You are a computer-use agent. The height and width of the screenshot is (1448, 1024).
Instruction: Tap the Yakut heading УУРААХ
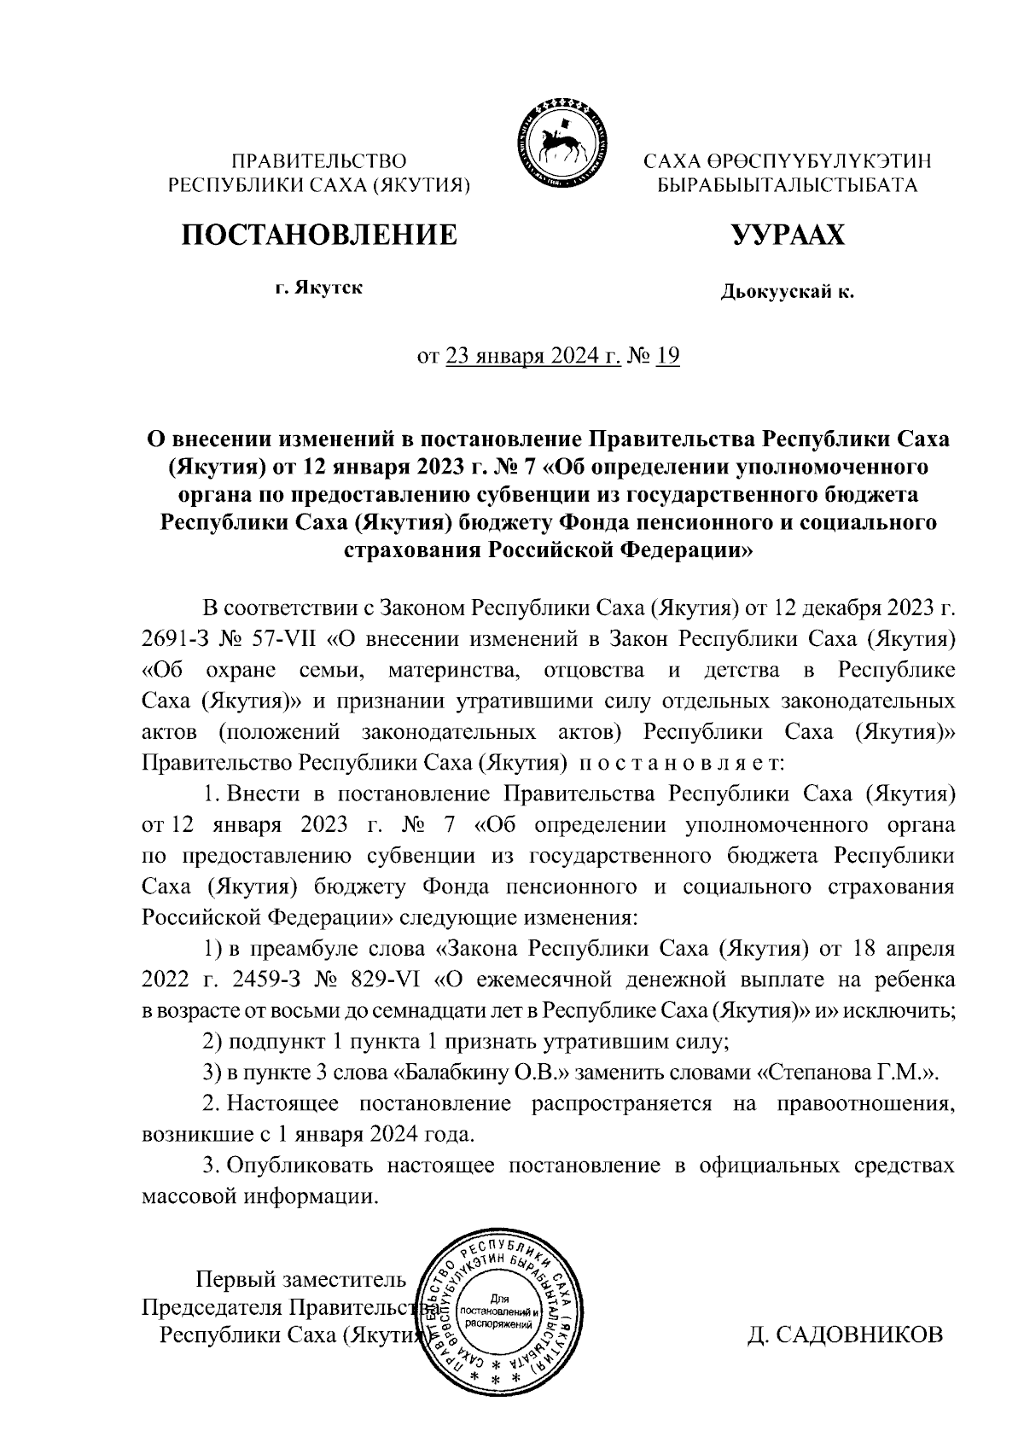[787, 235]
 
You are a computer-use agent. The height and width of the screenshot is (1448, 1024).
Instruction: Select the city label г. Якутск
[318, 288]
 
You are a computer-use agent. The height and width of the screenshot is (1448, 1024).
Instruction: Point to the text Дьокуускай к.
[787, 293]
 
